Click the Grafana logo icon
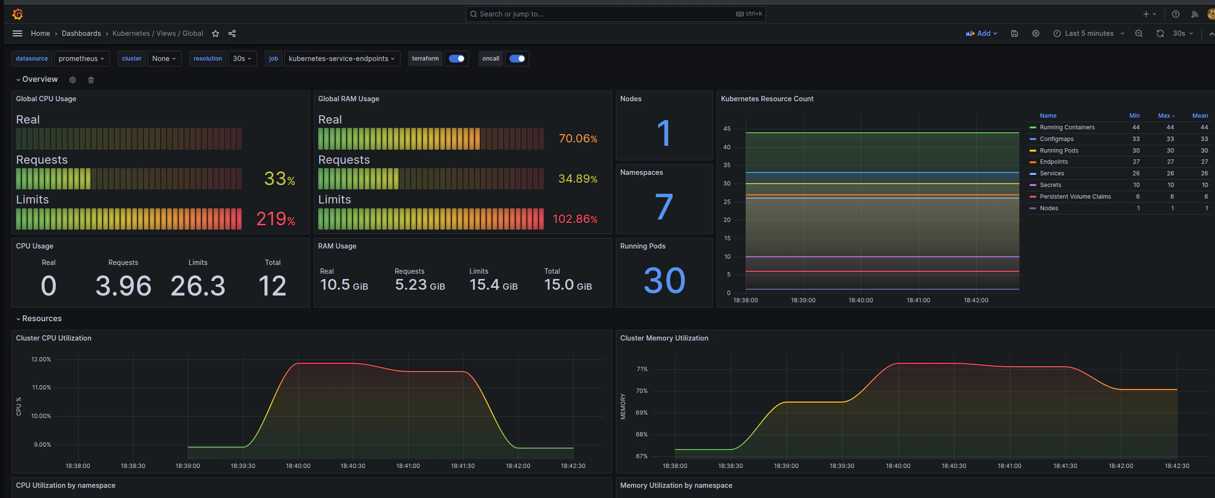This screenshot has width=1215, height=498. [x=17, y=14]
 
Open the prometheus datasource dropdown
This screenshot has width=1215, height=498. [x=81, y=59]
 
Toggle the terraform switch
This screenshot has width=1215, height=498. [x=456, y=59]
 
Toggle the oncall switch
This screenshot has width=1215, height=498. [x=517, y=59]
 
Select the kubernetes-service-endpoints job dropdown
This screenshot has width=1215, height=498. [x=341, y=59]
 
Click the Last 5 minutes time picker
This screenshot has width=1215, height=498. [x=1089, y=33]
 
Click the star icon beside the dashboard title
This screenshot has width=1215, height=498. [x=215, y=33]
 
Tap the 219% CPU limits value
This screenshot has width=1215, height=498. [x=276, y=219]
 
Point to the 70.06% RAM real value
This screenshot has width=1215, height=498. [x=578, y=139]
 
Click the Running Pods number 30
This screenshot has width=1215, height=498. [x=664, y=280]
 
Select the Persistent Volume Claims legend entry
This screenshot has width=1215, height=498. [x=1075, y=197]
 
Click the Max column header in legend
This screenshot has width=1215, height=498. [x=1164, y=116]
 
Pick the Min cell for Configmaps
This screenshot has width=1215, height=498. [x=1136, y=139]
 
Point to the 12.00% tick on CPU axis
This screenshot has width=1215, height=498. [x=41, y=359]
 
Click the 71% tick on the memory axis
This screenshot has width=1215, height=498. [x=642, y=369]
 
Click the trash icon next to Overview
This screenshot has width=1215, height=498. [x=91, y=80]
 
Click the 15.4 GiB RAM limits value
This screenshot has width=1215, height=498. [x=493, y=285]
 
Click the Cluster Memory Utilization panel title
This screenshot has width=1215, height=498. [x=664, y=338]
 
